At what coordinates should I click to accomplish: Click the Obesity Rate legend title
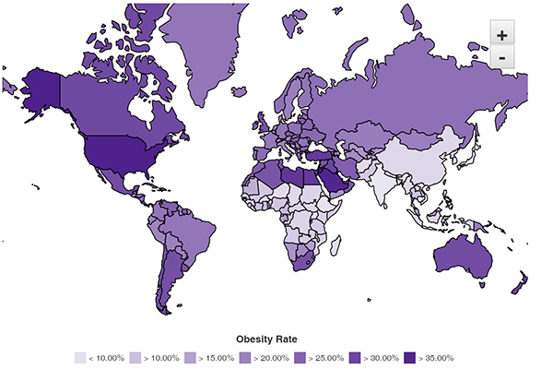click(x=266, y=339)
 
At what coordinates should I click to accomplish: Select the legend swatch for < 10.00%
click(x=80, y=357)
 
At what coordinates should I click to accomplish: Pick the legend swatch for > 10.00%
click(x=135, y=357)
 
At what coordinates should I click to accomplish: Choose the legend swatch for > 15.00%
click(x=191, y=357)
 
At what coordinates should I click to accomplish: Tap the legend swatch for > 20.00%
click(x=245, y=357)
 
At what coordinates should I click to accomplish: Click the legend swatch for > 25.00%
click(x=300, y=357)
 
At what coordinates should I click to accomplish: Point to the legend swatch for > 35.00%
click(x=410, y=357)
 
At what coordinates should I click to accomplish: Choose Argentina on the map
click(x=166, y=277)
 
